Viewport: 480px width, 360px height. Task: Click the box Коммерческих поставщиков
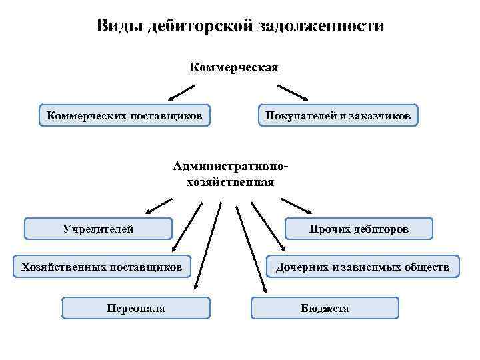point(125,115)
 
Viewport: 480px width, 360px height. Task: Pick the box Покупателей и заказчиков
point(338,115)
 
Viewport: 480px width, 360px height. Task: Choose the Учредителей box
point(98,229)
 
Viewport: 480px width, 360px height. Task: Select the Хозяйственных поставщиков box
point(102,267)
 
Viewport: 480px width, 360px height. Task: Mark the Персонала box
point(136,308)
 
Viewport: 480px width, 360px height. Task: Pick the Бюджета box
point(325,308)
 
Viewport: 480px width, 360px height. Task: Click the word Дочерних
point(299,267)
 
